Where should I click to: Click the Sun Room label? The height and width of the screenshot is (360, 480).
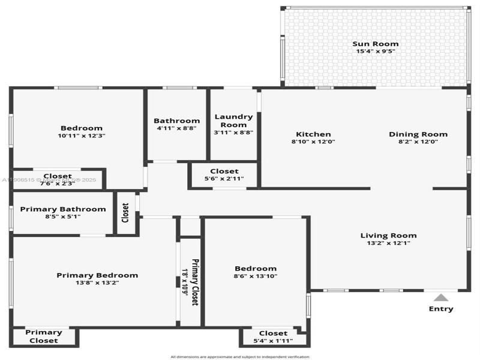(375, 44)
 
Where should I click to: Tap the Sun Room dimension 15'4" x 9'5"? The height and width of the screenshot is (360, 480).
(375, 52)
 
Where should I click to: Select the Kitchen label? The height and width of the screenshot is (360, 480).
(313, 134)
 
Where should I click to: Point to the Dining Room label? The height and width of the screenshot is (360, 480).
(418, 134)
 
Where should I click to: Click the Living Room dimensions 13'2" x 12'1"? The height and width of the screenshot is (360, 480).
(388, 243)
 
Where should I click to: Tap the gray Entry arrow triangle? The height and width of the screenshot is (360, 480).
(441, 297)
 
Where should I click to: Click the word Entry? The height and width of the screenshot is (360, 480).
(441, 309)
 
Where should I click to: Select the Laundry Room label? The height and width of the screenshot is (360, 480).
(233, 121)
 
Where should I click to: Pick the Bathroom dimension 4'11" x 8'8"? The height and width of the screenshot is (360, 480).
(176, 128)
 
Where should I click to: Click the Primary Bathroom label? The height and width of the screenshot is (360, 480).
(63, 209)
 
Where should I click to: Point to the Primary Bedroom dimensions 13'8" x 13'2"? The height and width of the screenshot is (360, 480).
(97, 283)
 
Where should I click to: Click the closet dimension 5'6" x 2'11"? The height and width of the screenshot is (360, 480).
(224, 179)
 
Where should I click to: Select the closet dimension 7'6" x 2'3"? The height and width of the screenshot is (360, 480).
(58, 184)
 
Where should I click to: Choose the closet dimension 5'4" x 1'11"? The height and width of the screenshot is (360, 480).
(273, 341)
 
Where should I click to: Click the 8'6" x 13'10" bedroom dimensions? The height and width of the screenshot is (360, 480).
(256, 276)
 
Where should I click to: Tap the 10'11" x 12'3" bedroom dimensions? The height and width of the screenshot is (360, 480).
(81, 136)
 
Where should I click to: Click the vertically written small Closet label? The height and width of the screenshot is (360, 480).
(125, 212)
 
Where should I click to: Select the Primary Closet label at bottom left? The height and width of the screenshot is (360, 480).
(43, 336)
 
